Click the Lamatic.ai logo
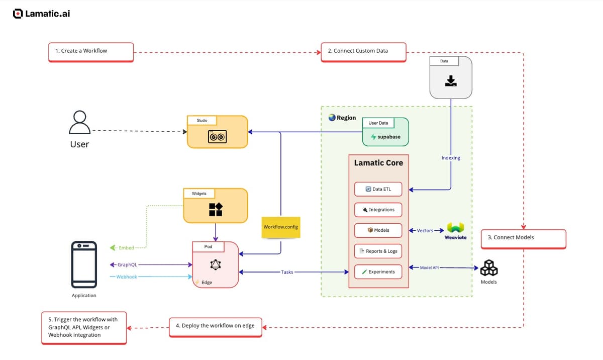pyautogui.click(x=42, y=14)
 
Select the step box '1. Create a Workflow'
pyautogui.click(x=91, y=51)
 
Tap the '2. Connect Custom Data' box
pyautogui.click(x=363, y=51)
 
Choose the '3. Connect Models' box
pyautogui.click(x=523, y=238)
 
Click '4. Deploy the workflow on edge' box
pyautogui.click(x=215, y=326)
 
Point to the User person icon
pyautogui.click(x=79, y=123)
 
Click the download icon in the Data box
pyautogui.click(x=451, y=80)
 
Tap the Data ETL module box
pyautogui.click(x=378, y=189)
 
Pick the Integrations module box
pyautogui.click(x=378, y=210)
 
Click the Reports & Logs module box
pyautogui.click(x=378, y=251)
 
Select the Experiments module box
pyautogui.click(x=378, y=272)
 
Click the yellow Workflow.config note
pyautogui.click(x=280, y=227)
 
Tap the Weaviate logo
pyautogui.click(x=455, y=229)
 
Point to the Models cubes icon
pyautogui.click(x=488, y=268)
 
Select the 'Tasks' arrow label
pyautogui.click(x=287, y=272)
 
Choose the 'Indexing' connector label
pyautogui.click(x=450, y=158)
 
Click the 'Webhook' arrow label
pyautogui.click(x=126, y=277)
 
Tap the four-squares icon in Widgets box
pyautogui.click(x=216, y=209)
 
